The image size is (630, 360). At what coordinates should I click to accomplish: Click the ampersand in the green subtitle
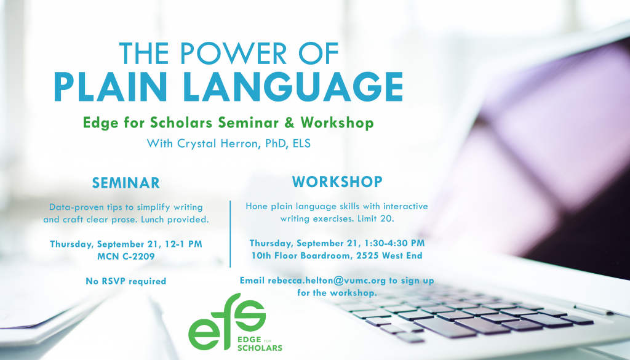click(289, 122)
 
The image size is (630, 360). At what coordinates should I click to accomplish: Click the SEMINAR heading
click(126, 183)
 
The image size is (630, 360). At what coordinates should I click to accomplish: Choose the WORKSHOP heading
click(337, 182)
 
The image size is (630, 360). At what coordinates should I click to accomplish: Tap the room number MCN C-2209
click(126, 257)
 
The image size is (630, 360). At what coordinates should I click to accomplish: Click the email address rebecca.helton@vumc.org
click(327, 281)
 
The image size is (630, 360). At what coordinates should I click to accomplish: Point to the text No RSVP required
click(126, 281)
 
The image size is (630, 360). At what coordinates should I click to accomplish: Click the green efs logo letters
click(227, 321)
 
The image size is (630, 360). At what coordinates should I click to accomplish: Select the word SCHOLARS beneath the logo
click(260, 348)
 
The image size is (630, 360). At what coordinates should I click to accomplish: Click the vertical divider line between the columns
click(230, 234)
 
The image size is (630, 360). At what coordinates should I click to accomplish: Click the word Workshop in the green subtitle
click(337, 122)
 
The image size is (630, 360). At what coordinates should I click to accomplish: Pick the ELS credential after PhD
click(301, 143)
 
